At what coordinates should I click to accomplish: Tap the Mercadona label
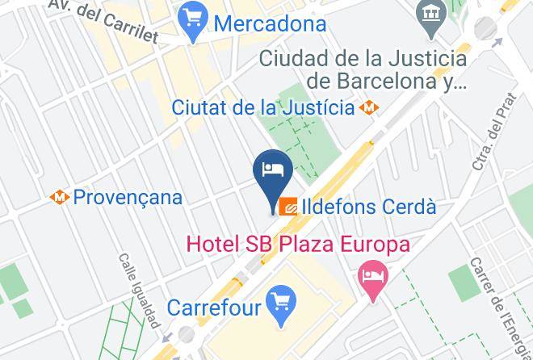[270, 23]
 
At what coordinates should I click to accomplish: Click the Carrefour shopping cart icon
[282, 305]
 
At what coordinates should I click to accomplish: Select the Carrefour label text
[214, 308]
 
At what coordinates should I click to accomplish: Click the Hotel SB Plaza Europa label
[298, 244]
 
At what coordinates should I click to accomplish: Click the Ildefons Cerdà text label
[370, 207]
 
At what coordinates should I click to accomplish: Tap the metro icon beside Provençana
[58, 197]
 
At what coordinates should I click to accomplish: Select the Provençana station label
[128, 197]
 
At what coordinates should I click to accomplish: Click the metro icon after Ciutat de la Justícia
[370, 107]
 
